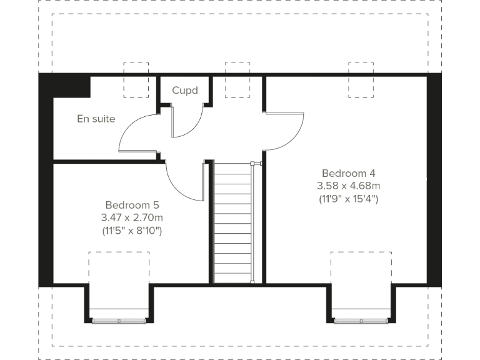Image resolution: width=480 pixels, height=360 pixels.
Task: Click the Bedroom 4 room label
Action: coord(348,173)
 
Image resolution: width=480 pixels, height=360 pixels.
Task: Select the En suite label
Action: coord(96,119)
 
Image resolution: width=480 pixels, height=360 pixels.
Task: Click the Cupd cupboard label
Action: coord(185,91)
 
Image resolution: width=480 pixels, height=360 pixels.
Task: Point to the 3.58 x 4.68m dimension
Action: coord(348,186)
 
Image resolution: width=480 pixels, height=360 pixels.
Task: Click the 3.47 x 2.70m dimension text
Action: coord(132,217)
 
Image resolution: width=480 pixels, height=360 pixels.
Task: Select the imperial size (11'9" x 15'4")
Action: coord(348,199)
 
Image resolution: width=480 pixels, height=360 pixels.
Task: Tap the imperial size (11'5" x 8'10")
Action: coord(132,231)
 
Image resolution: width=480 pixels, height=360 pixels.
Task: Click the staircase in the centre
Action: coord(233,222)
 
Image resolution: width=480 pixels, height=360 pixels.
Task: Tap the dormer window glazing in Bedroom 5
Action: coord(118,321)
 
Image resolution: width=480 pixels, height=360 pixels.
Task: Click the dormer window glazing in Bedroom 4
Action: coord(361,321)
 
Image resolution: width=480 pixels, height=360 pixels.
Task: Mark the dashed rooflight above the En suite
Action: coord(136,79)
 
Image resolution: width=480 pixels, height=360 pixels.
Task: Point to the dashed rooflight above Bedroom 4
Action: coord(361,79)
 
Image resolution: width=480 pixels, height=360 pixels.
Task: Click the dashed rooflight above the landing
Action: coord(237,79)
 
